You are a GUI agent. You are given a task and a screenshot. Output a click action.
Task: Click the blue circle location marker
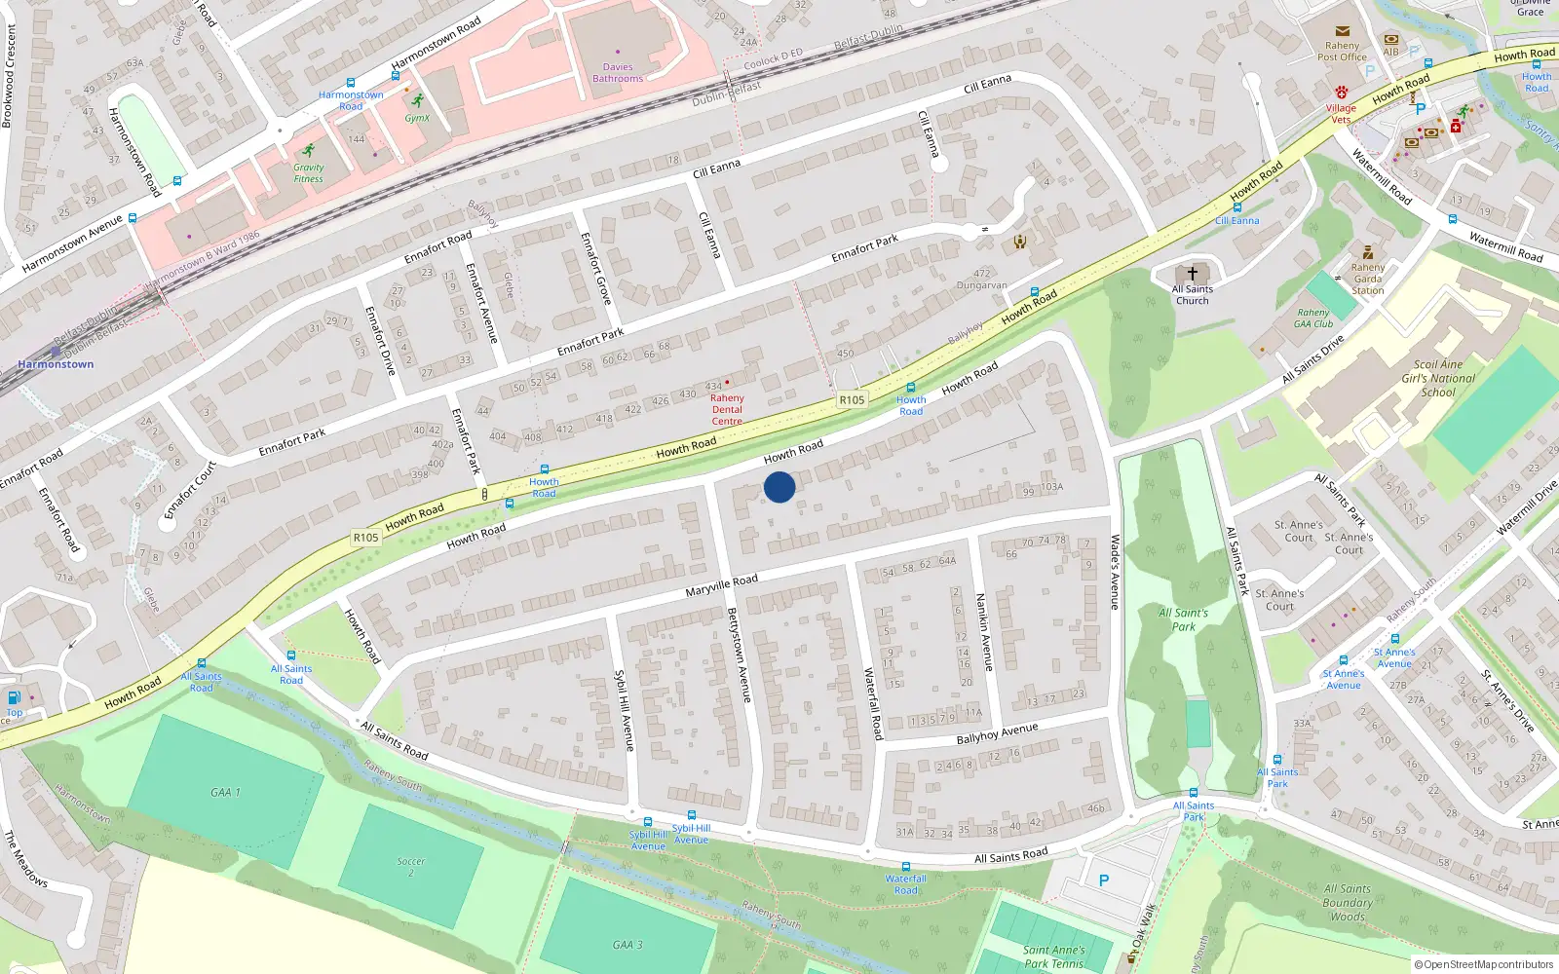(x=779, y=487)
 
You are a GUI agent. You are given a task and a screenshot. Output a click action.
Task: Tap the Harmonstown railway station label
(x=56, y=364)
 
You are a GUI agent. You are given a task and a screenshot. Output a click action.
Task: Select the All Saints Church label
(x=1192, y=295)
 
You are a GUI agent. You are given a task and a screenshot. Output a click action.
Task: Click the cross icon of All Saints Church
(x=1192, y=275)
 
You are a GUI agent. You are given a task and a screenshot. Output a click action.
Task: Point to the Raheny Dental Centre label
(x=727, y=409)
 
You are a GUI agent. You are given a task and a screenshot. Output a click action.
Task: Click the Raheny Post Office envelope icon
(x=1343, y=31)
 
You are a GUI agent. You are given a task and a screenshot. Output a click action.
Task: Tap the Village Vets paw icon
(x=1342, y=92)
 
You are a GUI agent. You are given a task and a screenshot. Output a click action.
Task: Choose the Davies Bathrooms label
(x=618, y=73)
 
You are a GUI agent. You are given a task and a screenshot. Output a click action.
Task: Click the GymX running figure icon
(x=418, y=100)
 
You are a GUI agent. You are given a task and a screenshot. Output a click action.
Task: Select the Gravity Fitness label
(x=308, y=172)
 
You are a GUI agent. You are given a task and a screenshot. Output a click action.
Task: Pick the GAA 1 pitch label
(x=225, y=792)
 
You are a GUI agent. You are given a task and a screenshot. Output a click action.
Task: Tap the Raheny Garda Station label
(x=1367, y=279)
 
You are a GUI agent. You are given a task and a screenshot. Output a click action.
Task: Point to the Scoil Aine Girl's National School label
(x=1438, y=379)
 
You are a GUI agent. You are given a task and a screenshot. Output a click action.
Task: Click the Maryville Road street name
(x=721, y=585)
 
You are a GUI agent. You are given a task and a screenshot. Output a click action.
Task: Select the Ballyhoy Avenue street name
(x=997, y=733)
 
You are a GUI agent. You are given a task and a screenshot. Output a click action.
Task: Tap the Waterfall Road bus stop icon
(x=906, y=866)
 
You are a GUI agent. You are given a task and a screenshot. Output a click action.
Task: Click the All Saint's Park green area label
(x=1183, y=619)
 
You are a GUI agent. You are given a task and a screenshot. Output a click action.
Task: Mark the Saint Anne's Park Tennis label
(x=1054, y=956)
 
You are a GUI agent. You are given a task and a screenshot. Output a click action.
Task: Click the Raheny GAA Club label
(x=1313, y=318)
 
